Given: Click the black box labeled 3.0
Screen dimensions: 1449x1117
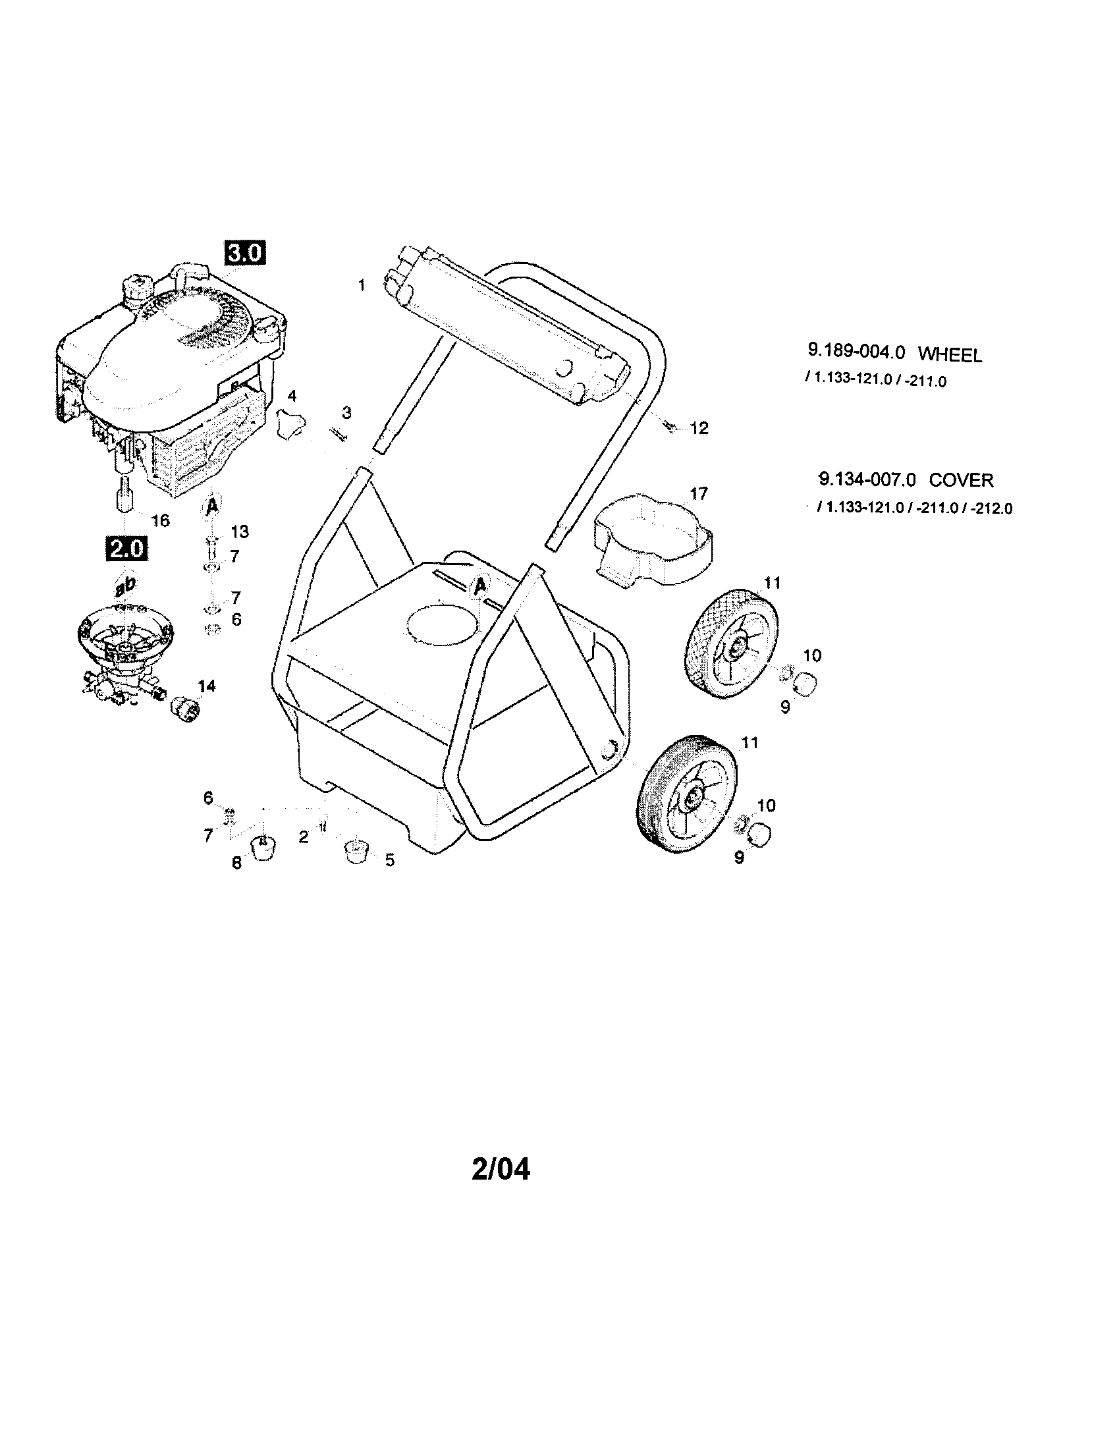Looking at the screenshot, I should point(245,254).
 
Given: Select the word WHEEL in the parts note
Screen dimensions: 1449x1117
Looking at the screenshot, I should point(949,355).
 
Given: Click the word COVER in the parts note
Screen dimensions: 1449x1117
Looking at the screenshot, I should point(960,479).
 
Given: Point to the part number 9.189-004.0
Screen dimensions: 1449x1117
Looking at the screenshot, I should point(856,351).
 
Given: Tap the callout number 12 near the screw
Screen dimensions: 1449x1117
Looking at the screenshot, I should point(699,428).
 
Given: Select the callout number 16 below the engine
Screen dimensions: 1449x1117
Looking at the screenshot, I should point(161,520).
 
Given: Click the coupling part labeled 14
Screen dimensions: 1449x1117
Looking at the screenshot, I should point(186,709).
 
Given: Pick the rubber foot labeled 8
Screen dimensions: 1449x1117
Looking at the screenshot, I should point(262,847).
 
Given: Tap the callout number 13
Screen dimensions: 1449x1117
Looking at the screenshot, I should point(240,532).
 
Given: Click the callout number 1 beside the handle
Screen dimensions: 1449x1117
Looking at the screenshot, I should point(362,286).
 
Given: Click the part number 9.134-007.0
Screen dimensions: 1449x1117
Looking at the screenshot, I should point(866,479).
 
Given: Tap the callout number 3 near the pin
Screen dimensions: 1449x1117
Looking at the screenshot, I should point(346,413).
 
